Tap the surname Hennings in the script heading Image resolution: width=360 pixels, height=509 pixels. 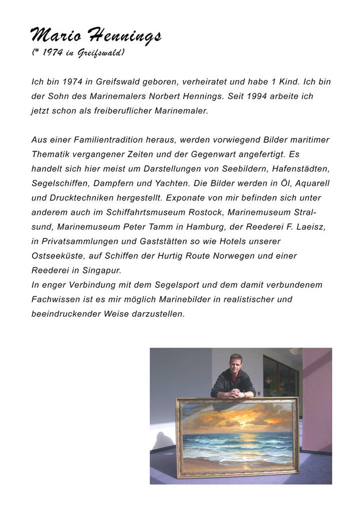point(124,36)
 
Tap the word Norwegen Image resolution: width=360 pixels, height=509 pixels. point(227,255)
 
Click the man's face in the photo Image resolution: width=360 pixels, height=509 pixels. point(236,363)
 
